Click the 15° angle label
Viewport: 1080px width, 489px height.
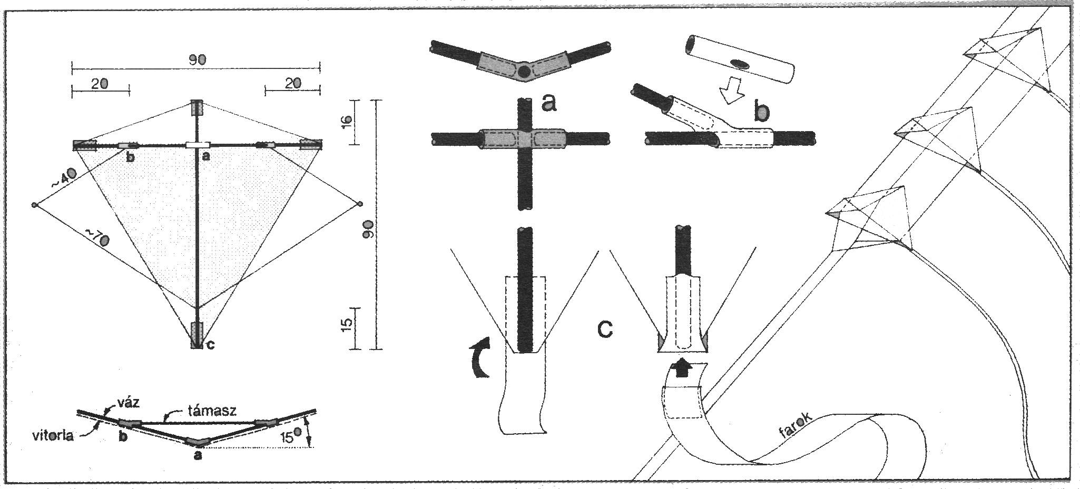(289, 435)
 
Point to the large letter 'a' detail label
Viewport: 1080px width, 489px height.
(548, 103)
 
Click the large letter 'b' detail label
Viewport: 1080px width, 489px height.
(761, 111)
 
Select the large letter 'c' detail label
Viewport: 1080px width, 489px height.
(605, 328)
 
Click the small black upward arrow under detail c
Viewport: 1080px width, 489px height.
(682, 368)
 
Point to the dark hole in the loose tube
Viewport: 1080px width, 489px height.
(742, 64)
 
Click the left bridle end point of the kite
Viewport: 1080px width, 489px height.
(35, 205)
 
